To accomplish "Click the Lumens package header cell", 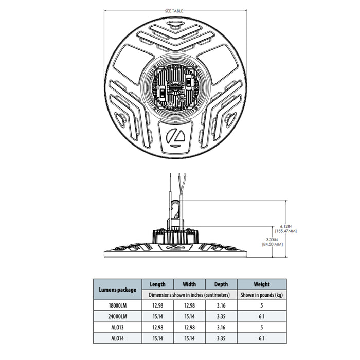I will [117, 290].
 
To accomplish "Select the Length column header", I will [157, 284].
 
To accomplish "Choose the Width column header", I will [189, 284].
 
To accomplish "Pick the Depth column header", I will [221, 284].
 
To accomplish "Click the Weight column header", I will [261, 284].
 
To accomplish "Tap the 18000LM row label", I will [117, 305].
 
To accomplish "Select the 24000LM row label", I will [117, 316].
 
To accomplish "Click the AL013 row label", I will [117, 328].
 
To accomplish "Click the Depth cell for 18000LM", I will [221, 305].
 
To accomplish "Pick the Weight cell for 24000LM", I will [261, 316].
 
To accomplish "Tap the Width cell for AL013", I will [189, 328].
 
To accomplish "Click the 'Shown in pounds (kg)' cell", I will [261, 295].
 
